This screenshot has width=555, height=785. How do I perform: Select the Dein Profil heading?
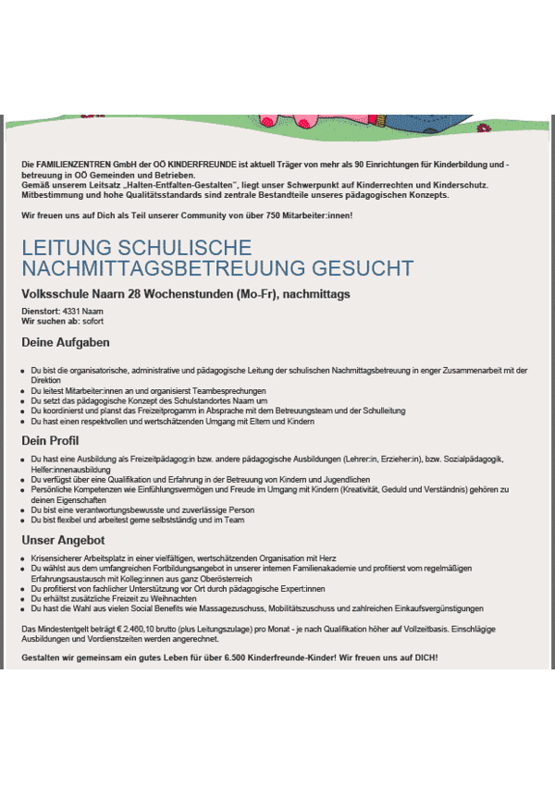pos(51,440)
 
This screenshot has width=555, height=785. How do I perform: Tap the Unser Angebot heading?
pos(63,540)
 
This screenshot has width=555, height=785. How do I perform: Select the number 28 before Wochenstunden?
pos(136,294)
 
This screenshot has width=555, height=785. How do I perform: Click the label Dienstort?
pos(40,312)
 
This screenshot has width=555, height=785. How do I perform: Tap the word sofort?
pos(92,321)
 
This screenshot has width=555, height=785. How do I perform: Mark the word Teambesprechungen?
pos(221,391)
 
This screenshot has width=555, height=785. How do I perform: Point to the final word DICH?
pos(425,657)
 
